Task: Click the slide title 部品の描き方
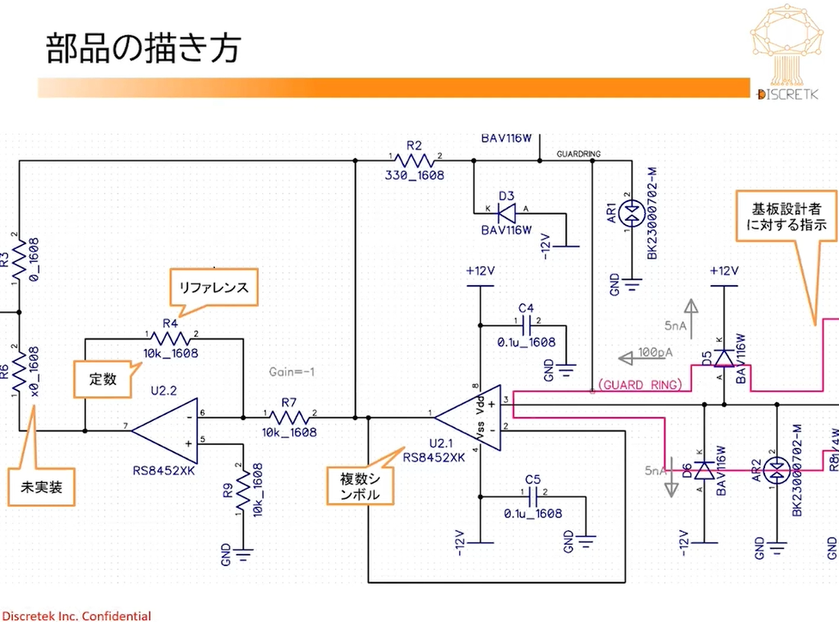(143, 49)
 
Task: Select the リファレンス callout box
(214, 289)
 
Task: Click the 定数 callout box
(102, 378)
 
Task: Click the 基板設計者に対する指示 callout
(789, 217)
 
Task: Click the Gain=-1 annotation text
(292, 371)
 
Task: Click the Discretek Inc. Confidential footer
(76, 615)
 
